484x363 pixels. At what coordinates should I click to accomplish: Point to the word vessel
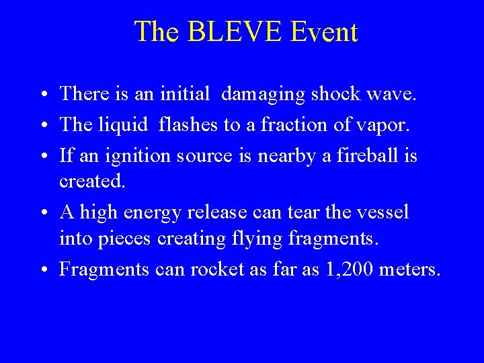[x=380, y=212]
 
